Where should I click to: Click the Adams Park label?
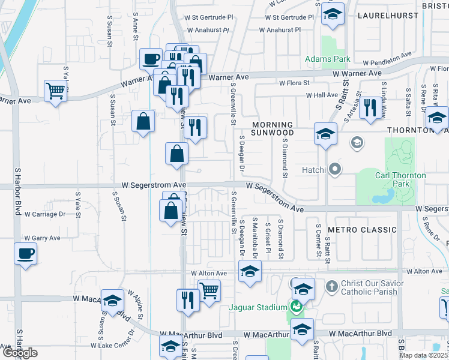(327, 59)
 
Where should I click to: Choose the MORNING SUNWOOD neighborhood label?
(273, 128)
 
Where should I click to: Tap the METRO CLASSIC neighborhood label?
(362, 230)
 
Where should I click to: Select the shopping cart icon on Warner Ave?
(55, 92)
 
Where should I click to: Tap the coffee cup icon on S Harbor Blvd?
(25, 253)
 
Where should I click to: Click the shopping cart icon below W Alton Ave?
(209, 292)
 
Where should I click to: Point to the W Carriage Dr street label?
(45, 214)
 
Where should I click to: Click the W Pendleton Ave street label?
(387, 59)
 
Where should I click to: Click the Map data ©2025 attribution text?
(424, 355)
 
